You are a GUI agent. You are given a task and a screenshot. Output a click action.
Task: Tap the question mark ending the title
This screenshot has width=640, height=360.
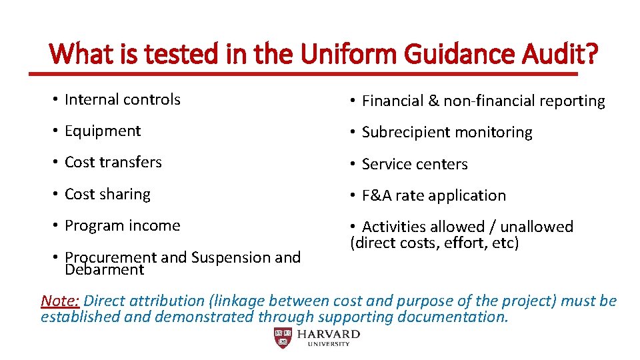(x=590, y=53)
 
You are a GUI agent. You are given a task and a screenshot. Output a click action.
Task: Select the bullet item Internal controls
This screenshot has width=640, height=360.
(x=122, y=100)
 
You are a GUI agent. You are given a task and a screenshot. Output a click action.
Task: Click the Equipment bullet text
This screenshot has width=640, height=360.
(x=102, y=131)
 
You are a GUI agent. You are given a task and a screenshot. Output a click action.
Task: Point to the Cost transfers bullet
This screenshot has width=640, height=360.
(x=113, y=162)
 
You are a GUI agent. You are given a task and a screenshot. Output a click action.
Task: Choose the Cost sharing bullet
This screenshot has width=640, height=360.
(x=107, y=194)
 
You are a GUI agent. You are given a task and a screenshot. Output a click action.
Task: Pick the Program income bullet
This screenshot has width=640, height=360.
(x=122, y=225)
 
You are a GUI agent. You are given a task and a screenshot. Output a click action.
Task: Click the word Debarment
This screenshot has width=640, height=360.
(x=104, y=270)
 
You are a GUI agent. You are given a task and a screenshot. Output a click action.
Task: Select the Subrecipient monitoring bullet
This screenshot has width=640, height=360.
(x=447, y=133)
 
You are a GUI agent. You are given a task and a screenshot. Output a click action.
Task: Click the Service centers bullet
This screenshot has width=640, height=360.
(x=415, y=164)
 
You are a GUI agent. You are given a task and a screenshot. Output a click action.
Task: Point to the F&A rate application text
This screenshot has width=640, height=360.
(x=433, y=195)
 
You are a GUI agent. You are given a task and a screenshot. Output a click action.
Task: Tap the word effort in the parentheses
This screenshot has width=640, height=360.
(x=462, y=243)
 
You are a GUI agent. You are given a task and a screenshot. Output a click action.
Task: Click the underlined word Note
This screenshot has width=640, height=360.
(x=59, y=301)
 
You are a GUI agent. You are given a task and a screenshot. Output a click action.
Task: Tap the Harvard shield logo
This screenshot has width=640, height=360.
(x=283, y=338)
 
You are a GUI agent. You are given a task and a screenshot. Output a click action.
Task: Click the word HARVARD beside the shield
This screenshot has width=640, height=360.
(x=329, y=334)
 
